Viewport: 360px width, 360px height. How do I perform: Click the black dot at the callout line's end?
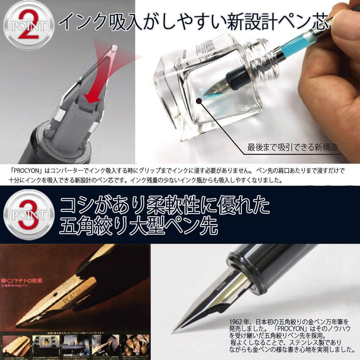click(199, 101)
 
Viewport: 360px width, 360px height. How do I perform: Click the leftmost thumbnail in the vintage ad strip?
click(16, 345)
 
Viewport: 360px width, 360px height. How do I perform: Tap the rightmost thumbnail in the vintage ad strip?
click(136, 345)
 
